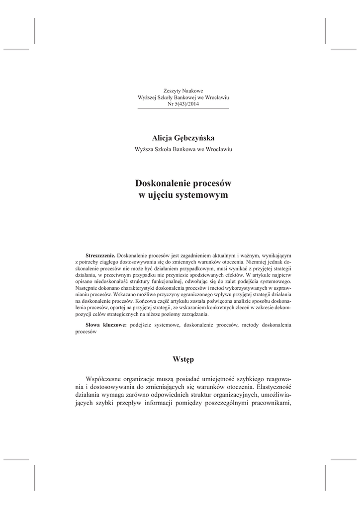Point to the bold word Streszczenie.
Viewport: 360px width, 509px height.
(100, 254)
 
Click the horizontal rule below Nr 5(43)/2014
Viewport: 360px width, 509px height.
(182, 108)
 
